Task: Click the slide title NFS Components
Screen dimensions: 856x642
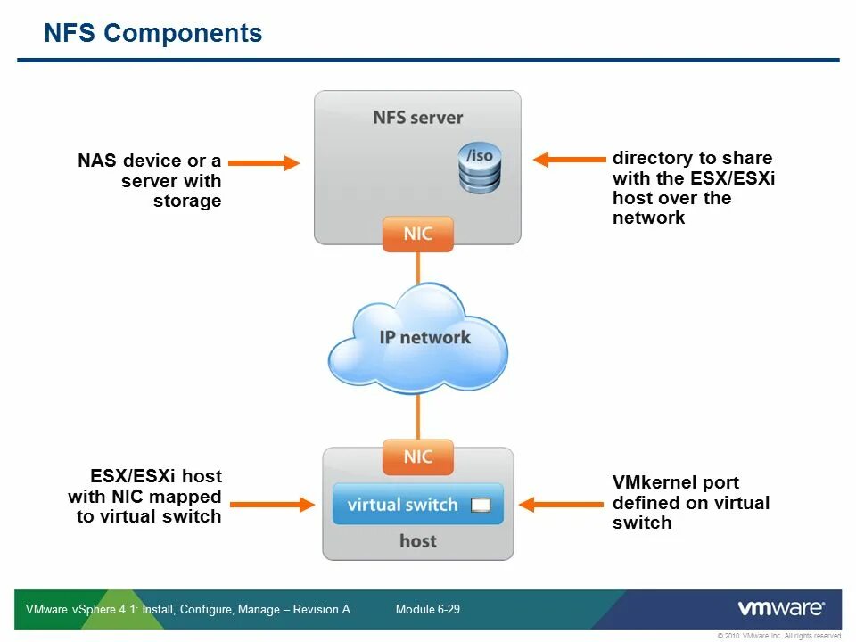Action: pyautogui.click(x=152, y=33)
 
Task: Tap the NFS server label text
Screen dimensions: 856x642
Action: pyautogui.click(x=417, y=118)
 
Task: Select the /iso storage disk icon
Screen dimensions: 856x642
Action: pyautogui.click(x=480, y=169)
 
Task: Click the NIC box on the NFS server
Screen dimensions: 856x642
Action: pyautogui.click(x=417, y=235)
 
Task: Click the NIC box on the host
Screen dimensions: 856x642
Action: pyautogui.click(x=417, y=457)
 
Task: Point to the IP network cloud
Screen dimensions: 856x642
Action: pyautogui.click(x=417, y=339)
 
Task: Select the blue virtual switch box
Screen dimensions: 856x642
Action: pyautogui.click(x=417, y=504)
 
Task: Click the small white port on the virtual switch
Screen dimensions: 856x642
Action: pyautogui.click(x=481, y=505)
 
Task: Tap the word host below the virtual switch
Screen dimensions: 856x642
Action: pyautogui.click(x=417, y=541)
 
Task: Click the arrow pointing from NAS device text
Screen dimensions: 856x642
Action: pyautogui.click(x=264, y=162)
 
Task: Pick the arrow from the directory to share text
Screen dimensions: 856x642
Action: pyautogui.click(x=570, y=160)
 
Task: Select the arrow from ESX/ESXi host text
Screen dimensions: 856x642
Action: pyautogui.click(x=273, y=505)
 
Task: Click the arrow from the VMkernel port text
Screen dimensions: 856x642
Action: pyautogui.click(x=561, y=505)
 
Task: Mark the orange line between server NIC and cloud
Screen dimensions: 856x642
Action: pyautogui.click(x=418, y=267)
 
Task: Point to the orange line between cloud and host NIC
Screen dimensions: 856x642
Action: pyautogui.click(x=418, y=416)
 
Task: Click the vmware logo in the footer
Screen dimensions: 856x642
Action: pyautogui.click(x=781, y=608)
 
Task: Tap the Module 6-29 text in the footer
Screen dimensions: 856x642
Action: pyautogui.click(x=427, y=609)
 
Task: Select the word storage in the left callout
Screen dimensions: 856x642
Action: pyautogui.click(x=187, y=202)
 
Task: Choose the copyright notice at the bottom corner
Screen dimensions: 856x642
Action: pyautogui.click(x=779, y=636)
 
